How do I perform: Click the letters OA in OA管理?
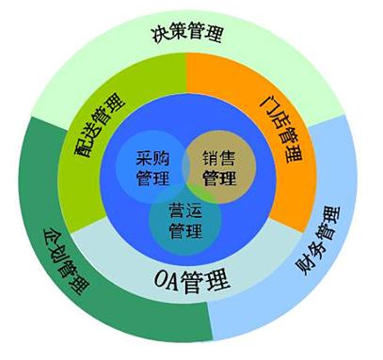(167, 279)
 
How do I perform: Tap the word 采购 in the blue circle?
(152, 157)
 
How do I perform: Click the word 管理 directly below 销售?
(218, 177)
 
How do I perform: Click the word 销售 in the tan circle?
(219, 157)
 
